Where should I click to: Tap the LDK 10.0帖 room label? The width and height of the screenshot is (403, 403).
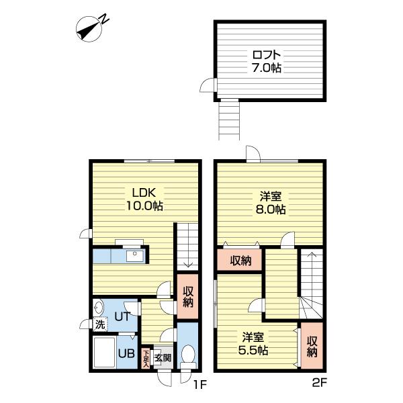click(144, 199)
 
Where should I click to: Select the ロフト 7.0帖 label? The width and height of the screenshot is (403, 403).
click(267, 61)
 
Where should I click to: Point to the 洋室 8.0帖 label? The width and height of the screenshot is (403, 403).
click(271, 203)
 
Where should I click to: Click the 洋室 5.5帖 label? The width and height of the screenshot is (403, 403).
click(253, 344)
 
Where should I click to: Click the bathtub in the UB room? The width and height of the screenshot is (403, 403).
click(105, 353)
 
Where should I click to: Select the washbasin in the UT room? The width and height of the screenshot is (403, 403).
click(99, 307)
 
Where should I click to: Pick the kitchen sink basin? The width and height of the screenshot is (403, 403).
click(135, 257)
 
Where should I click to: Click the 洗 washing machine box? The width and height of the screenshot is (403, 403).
click(100, 324)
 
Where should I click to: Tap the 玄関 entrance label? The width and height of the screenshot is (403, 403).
click(163, 357)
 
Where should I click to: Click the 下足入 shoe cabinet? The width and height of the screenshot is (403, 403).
click(146, 358)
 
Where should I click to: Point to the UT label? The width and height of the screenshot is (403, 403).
click(122, 316)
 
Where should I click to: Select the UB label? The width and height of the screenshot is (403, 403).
click(126, 354)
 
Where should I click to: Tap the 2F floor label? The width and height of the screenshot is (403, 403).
click(319, 384)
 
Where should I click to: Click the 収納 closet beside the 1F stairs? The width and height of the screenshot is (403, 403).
click(188, 296)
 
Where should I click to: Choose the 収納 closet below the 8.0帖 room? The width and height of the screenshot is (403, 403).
click(240, 260)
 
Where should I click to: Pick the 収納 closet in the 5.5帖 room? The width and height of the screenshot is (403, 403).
click(312, 346)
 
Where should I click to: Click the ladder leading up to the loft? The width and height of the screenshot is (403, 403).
click(229, 120)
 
